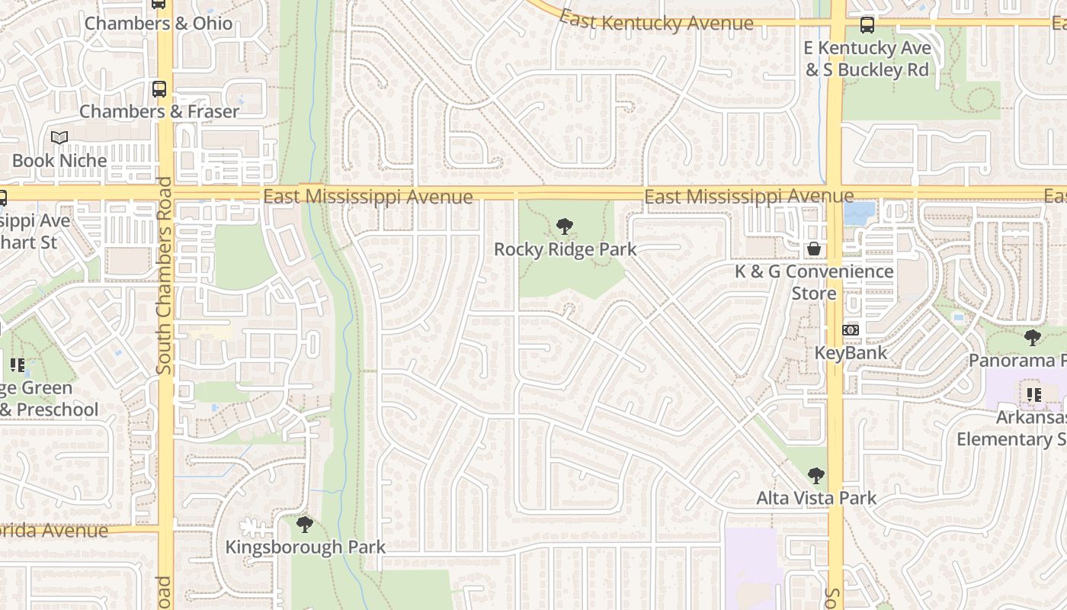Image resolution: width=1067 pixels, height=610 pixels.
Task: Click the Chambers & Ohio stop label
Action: (158, 23)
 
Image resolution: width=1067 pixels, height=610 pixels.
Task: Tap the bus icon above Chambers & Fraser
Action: (159, 89)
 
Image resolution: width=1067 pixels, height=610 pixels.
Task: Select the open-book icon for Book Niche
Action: (59, 138)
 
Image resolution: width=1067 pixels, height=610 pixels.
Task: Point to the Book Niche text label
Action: (59, 161)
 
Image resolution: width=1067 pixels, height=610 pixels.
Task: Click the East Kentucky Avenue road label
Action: (656, 21)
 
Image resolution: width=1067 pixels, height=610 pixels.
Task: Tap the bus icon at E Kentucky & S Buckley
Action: (867, 25)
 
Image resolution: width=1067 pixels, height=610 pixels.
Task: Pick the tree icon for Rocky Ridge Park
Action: (564, 226)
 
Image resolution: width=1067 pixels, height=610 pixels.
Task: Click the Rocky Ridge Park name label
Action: (565, 249)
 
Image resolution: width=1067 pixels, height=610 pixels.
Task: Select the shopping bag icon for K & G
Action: (814, 249)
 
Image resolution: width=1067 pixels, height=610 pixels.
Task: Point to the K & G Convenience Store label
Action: (814, 282)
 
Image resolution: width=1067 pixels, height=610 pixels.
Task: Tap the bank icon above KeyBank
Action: (851, 330)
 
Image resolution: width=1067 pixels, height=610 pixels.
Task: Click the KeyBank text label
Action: (851, 353)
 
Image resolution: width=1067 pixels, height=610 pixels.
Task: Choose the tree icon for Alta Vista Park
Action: (816, 476)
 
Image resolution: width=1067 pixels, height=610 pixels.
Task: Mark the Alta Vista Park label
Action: (816, 499)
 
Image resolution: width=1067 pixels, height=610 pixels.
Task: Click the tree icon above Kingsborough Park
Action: (305, 525)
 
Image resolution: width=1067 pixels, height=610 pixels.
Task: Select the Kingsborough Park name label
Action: (305, 547)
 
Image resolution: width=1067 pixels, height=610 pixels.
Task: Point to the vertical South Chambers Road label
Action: (164, 276)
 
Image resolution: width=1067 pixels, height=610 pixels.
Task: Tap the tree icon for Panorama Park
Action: (1033, 337)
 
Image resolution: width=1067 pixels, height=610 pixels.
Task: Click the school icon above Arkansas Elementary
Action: (1033, 395)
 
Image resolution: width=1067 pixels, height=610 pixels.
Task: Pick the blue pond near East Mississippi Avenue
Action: (860, 213)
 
